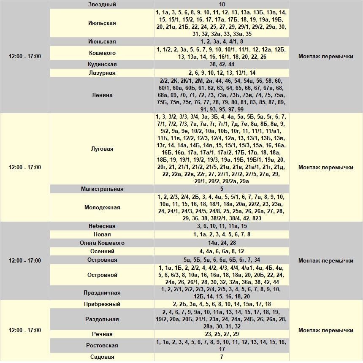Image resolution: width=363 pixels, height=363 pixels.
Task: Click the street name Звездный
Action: click(102, 4)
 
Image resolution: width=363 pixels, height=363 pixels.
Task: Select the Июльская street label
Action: click(102, 23)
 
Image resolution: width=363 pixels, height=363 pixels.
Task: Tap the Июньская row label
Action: click(102, 42)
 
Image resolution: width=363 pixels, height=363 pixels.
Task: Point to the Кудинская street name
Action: click(102, 65)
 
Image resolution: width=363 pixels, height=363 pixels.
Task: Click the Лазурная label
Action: click(102, 73)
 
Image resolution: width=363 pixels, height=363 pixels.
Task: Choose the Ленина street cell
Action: click(102, 95)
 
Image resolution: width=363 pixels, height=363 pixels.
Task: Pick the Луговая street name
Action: click(102, 149)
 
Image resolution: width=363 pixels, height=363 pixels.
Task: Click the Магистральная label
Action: click(102, 189)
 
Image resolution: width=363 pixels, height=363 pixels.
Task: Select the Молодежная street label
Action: click(102, 207)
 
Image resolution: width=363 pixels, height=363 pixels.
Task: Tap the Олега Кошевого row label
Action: click(102, 243)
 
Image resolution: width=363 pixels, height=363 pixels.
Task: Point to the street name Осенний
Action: click(102, 252)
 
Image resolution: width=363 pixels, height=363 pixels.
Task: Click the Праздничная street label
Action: click(102, 293)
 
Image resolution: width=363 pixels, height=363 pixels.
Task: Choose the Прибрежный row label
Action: click(102, 304)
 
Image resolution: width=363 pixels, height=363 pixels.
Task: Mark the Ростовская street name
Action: click(102, 345)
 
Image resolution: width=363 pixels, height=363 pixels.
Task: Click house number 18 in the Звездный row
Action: click(222, 4)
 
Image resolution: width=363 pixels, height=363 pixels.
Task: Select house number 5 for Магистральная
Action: click(222, 189)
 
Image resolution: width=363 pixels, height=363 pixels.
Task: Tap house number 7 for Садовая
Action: click(222, 357)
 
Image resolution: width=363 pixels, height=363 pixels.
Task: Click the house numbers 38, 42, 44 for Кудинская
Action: click(222, 65)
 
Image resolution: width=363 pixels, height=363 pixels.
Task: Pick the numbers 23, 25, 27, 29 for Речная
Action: click(222, 334)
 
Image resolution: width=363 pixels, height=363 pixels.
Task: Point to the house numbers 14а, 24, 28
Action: click(222, 243)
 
